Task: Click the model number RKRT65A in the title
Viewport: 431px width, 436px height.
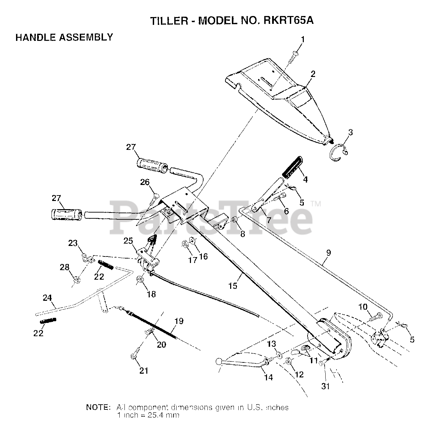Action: coord(288,21)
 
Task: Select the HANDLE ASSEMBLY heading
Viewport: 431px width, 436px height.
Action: coord(64,37)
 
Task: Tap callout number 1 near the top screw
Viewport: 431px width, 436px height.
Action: coord(302,40)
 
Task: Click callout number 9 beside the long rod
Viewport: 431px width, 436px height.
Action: coord(328,253)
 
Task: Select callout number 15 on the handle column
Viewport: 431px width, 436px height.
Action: coord(233,285)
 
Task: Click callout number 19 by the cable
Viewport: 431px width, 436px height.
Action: coord(179,321)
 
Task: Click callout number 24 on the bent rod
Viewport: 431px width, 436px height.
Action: coord(47,298)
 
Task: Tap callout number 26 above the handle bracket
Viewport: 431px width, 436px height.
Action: coord(145,182)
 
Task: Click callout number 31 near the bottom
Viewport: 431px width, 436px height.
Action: coord(326,386)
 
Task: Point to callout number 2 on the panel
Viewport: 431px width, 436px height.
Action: coord(313,74)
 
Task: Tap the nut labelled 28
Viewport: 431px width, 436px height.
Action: coord(77,280)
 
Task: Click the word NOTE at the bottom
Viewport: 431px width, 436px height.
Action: coord(98,407)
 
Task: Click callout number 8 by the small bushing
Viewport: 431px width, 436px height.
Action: coord(242,234)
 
